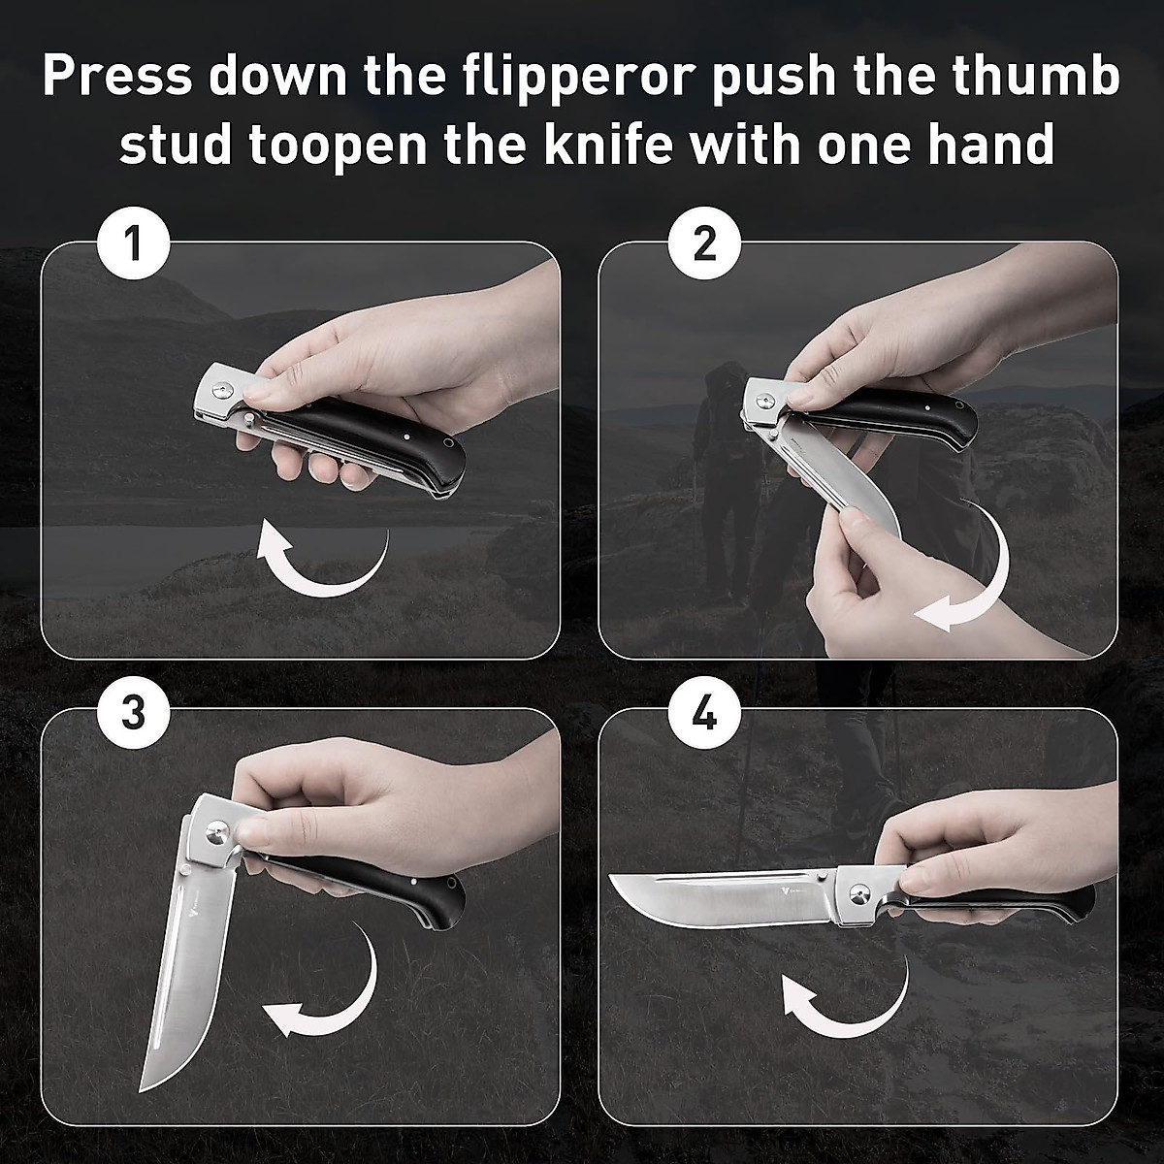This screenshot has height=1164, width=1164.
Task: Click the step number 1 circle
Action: click(x=134, y=242)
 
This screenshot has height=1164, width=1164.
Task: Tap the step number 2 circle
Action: click(x=705, y=242)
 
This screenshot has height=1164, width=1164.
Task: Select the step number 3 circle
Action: click(x=134, y=713)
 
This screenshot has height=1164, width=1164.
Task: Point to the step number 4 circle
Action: click(x=705, y=715)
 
